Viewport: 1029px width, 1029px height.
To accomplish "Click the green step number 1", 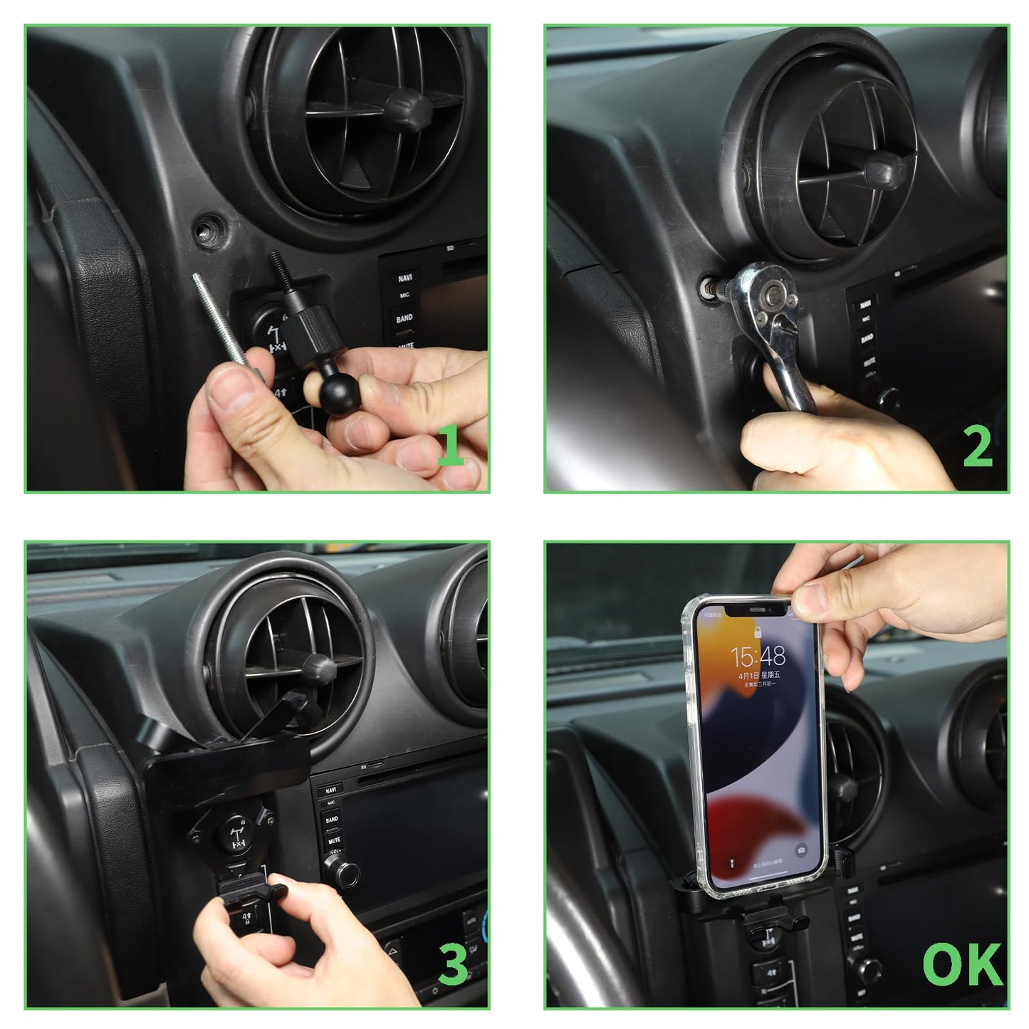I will [x=451, y=445].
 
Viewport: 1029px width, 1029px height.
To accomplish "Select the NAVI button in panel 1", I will [x=404, y=278].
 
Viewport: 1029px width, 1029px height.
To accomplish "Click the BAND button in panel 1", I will [x=404, y=318].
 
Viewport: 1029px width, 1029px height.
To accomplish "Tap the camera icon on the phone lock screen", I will [x=801, y=850].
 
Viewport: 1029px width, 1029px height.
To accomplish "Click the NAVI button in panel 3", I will [x=330, y=790].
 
